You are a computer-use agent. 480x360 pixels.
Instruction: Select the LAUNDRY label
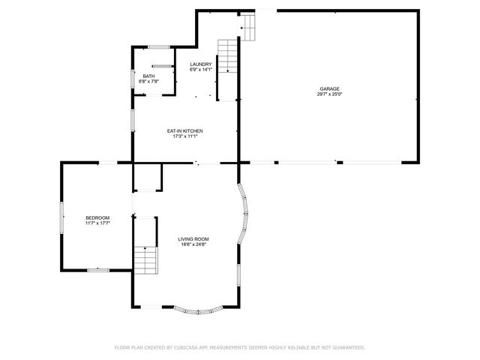(201, 64)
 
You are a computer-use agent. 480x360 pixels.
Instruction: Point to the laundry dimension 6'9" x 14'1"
(201, 70)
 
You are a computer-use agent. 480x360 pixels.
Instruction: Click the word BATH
(148, 75)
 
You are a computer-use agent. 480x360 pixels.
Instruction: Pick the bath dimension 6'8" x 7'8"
(148, 81)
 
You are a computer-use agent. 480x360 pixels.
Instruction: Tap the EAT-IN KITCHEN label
(184, 131)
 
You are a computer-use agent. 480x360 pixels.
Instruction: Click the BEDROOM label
(97, 217)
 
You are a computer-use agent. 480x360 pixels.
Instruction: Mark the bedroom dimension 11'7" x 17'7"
(97, 223)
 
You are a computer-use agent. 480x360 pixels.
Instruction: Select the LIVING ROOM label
(193, 238)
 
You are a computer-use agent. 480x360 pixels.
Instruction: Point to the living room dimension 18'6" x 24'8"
(193, 244)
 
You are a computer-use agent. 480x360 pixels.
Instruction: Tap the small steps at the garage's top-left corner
(248, 28)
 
